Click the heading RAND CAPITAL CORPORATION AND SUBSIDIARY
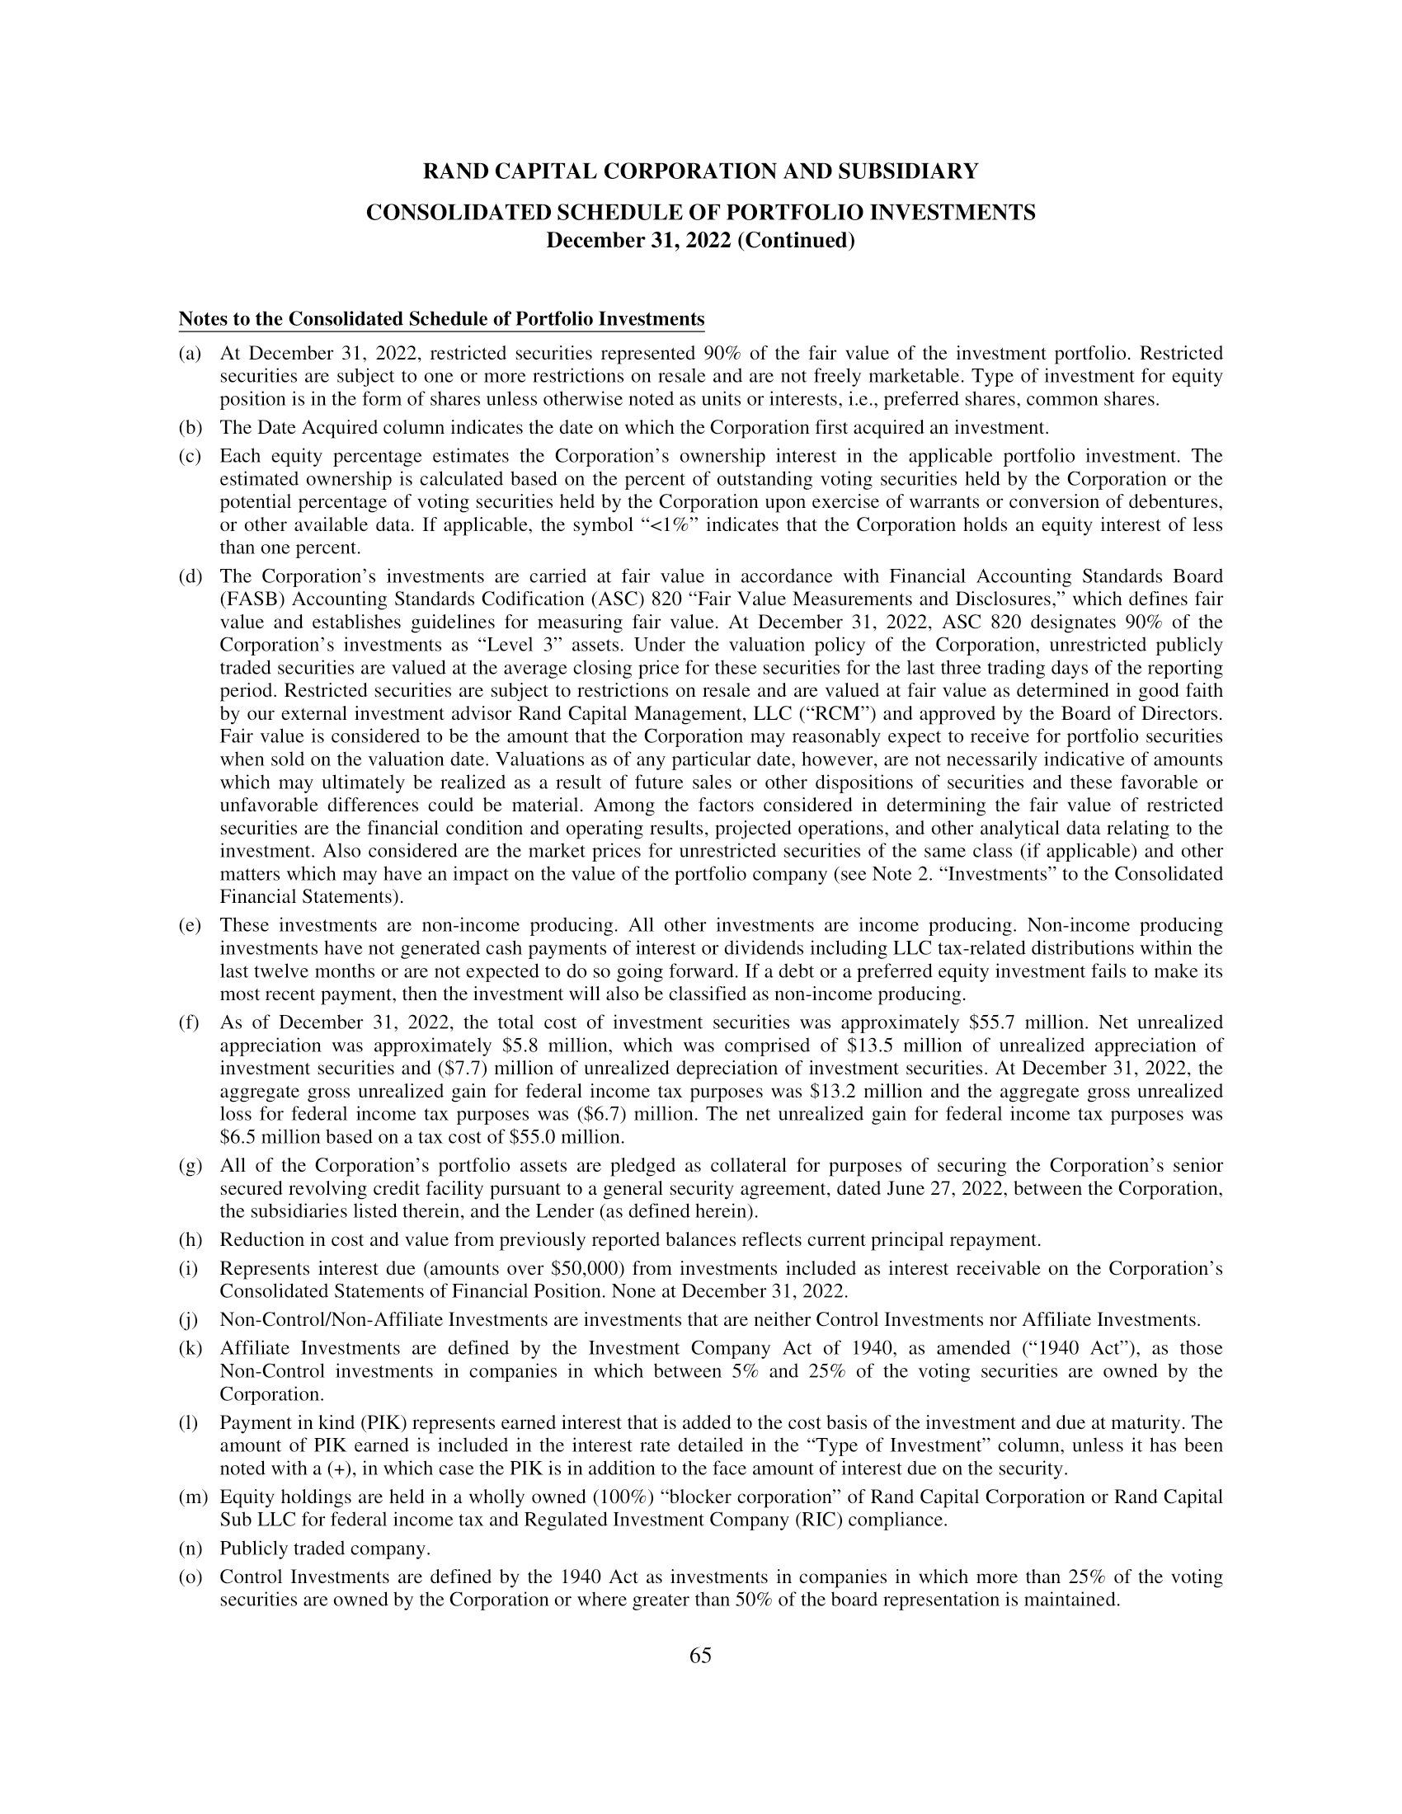tap(700, 172)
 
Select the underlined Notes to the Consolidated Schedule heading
tap(441, 320)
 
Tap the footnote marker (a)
tap(191, 354)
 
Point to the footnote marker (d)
tap(191, 576)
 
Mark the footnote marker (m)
tap(193, 1497)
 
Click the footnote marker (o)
tap(191, 1577)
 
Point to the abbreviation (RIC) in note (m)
tap(821, 1520)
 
